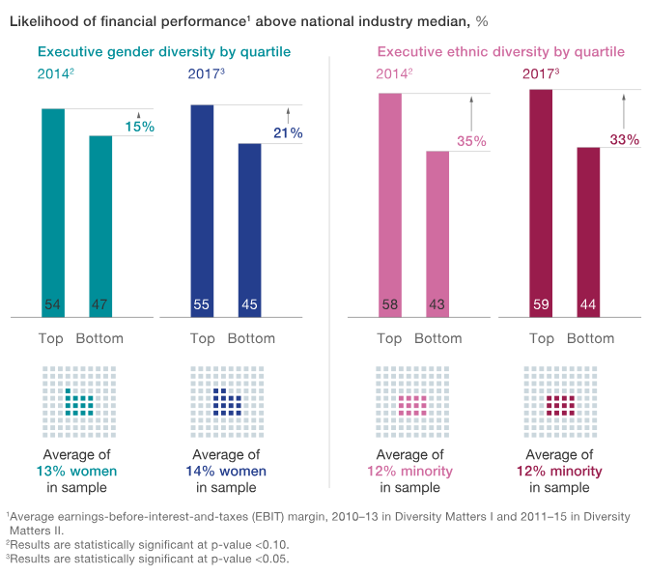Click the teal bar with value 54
53,212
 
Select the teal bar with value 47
100,225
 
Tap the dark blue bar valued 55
202,210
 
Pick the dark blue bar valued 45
249,229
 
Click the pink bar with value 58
389,204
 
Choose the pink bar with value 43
437,233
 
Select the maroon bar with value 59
541,202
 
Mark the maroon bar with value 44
588,231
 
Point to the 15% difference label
139,127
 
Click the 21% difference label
288,132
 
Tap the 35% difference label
471,141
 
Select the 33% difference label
624,139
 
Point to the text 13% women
77,471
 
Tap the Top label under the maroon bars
542,338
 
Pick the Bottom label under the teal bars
99,338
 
